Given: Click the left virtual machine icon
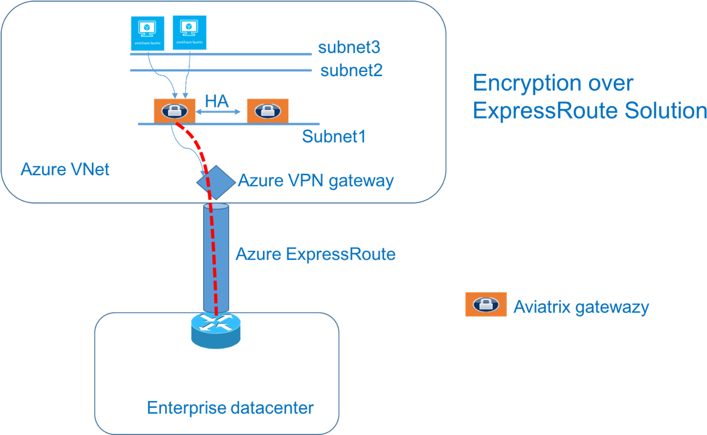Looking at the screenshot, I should (x=148, y=32).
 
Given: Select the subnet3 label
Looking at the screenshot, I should (x=349, y=47).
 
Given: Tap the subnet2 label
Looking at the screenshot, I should (x=351, y=71).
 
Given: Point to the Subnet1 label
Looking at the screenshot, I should (x=334, y=137).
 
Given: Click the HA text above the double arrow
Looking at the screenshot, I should (x=217, y=101).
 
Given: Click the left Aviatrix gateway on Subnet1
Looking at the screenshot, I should (x=174, y=111).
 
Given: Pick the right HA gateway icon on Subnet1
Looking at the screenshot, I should (x=267, y=111).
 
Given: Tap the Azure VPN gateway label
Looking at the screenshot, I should (x=316, y=181).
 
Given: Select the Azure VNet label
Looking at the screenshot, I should (x=65, y=169).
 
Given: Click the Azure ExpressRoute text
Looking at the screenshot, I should (x=315, y=254).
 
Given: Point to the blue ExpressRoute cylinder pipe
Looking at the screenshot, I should (x=216, y=260).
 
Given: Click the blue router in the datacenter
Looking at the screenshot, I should (x=215, y=330).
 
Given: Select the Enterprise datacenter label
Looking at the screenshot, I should (x=230, y=408).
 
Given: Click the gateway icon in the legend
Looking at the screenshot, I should (x=485, y=304).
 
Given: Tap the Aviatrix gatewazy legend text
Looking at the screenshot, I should (x=581, y=307).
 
